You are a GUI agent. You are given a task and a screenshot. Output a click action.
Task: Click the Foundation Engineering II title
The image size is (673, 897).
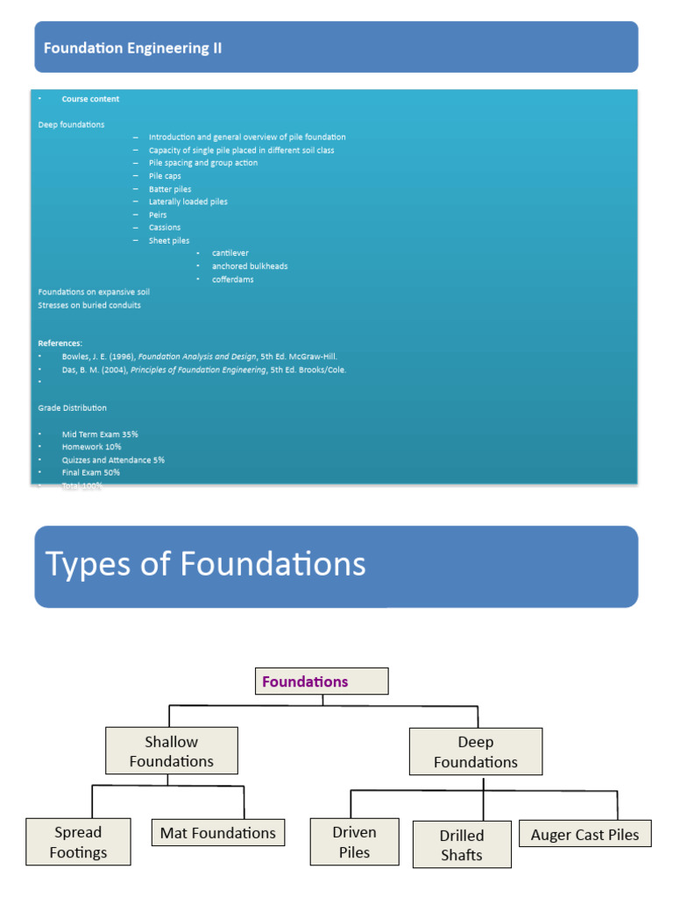coord(132,49)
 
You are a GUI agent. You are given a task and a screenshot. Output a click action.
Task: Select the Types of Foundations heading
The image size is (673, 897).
coord(205,564)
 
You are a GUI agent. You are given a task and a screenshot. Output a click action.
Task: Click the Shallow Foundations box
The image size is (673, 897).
coord(172,752)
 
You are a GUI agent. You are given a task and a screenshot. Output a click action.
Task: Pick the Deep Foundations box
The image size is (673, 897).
coord(476,752)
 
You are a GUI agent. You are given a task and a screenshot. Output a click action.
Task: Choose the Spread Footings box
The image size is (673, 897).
coord(78,842)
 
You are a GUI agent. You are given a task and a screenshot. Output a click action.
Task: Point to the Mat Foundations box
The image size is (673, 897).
coord(217,833)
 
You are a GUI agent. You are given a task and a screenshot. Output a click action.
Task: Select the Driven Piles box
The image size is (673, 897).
coord(355,842)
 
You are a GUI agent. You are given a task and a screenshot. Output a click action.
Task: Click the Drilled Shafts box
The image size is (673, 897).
coord(462,844)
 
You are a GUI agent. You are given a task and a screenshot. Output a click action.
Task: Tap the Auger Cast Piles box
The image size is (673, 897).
coord(585,835)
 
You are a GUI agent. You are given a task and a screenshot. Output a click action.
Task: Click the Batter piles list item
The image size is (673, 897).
coord(170,189)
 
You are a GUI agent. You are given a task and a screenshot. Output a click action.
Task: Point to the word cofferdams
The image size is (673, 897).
coord(233,279)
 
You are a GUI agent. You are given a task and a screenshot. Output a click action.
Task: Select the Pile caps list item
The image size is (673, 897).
coord(165,176)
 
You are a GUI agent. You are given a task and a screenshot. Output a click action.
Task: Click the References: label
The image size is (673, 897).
coord(60,343)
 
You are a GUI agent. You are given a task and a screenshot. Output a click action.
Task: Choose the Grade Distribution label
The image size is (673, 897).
coord(73,408)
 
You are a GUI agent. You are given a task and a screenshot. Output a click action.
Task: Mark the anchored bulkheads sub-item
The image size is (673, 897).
coord(250,266)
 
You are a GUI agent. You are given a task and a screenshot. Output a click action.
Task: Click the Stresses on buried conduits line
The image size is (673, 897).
coord(89,305)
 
